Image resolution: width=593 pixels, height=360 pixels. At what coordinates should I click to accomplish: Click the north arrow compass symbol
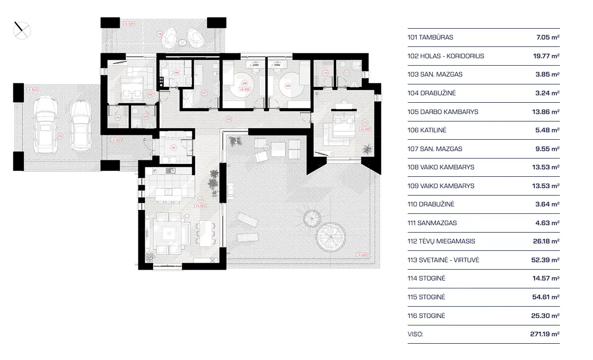22,31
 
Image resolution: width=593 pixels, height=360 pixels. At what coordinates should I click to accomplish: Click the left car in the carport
45,124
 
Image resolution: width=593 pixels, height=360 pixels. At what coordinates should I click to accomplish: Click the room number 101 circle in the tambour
173,147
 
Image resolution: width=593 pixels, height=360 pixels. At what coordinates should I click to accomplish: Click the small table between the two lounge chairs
182,43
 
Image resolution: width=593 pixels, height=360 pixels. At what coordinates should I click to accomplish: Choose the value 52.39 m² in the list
547,260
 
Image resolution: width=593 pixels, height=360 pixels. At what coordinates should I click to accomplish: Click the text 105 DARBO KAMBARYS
443,112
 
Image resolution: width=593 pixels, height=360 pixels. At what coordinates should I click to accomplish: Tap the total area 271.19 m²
544,334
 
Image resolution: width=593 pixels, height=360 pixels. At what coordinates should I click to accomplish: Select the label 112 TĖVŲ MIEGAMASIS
441,241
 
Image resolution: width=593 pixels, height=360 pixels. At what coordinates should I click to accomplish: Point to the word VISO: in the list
416,334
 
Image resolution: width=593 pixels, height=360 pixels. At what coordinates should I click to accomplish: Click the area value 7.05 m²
548,38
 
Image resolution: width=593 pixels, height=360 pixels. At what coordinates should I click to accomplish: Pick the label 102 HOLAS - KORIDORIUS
446,56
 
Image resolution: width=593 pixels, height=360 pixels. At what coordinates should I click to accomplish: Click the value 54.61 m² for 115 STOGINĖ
547,297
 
